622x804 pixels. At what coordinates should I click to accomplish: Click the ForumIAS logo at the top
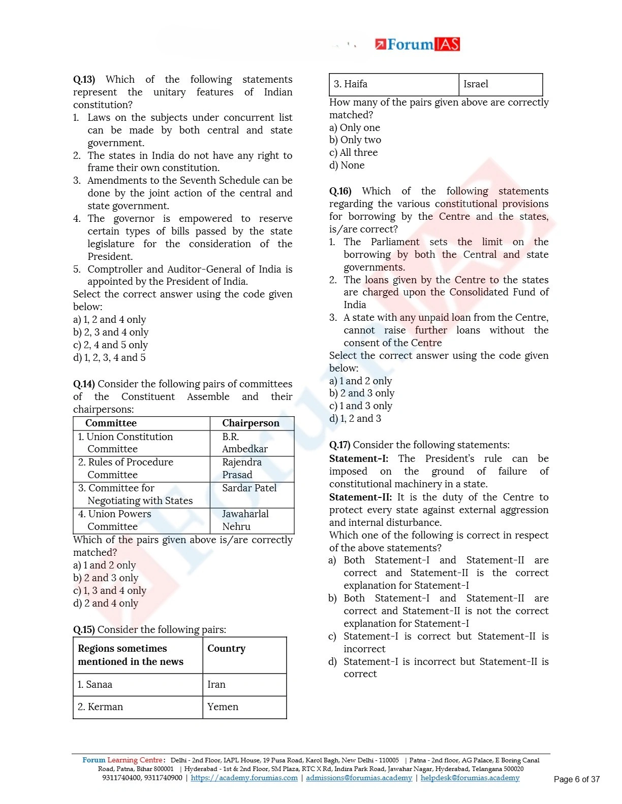click(417, 45)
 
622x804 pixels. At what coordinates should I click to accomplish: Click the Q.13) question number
click(84, 80)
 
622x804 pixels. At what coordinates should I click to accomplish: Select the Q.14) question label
click(84, 384)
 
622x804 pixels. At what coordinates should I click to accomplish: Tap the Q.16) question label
click(340, 191)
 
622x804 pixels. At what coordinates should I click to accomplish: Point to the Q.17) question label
click(340, 445)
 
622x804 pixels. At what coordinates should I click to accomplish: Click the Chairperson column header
click(251, 423)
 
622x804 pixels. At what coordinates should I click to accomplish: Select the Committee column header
click(111, 423)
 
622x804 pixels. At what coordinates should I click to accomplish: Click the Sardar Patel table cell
click(249, 488)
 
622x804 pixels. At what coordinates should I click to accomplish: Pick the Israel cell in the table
click(476, 84)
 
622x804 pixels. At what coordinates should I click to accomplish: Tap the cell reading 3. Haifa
click(351, 84)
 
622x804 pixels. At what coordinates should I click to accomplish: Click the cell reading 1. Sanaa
click(95, 685)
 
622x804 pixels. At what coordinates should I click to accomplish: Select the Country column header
click(226, 649)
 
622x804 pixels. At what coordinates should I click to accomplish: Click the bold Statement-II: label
click(360, 497)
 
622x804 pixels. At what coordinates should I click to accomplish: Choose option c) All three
click(353, 153)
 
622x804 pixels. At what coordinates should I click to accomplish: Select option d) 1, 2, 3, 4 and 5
click(109, 358)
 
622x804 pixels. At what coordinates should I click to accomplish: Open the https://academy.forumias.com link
click(244, 778)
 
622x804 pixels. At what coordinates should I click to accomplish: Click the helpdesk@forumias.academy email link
click(470, 778)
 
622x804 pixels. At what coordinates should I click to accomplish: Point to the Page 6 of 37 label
click(576, 780)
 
